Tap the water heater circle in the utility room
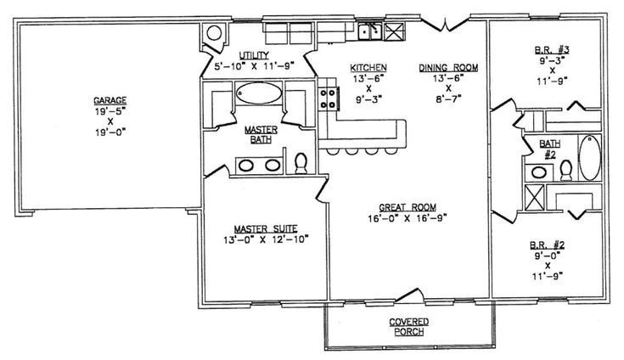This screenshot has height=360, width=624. pyautogui.click(x=215, y=34)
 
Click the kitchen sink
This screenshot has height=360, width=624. pyautogui.click(x=369, y=31)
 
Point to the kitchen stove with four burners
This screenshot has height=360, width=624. pyautogui.click(x=328, y=99)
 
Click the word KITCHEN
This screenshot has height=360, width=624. pyautogui.click(x=369, y=66)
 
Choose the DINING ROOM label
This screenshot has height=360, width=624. pyautogui.click(x=442, y=66)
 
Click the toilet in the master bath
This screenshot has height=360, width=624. pyautogui.click(x=300, y=161)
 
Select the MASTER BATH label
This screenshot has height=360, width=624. pyautogui.click(x=256, y=135)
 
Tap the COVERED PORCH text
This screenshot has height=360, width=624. pyautogui.click(x=409, y=326)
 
